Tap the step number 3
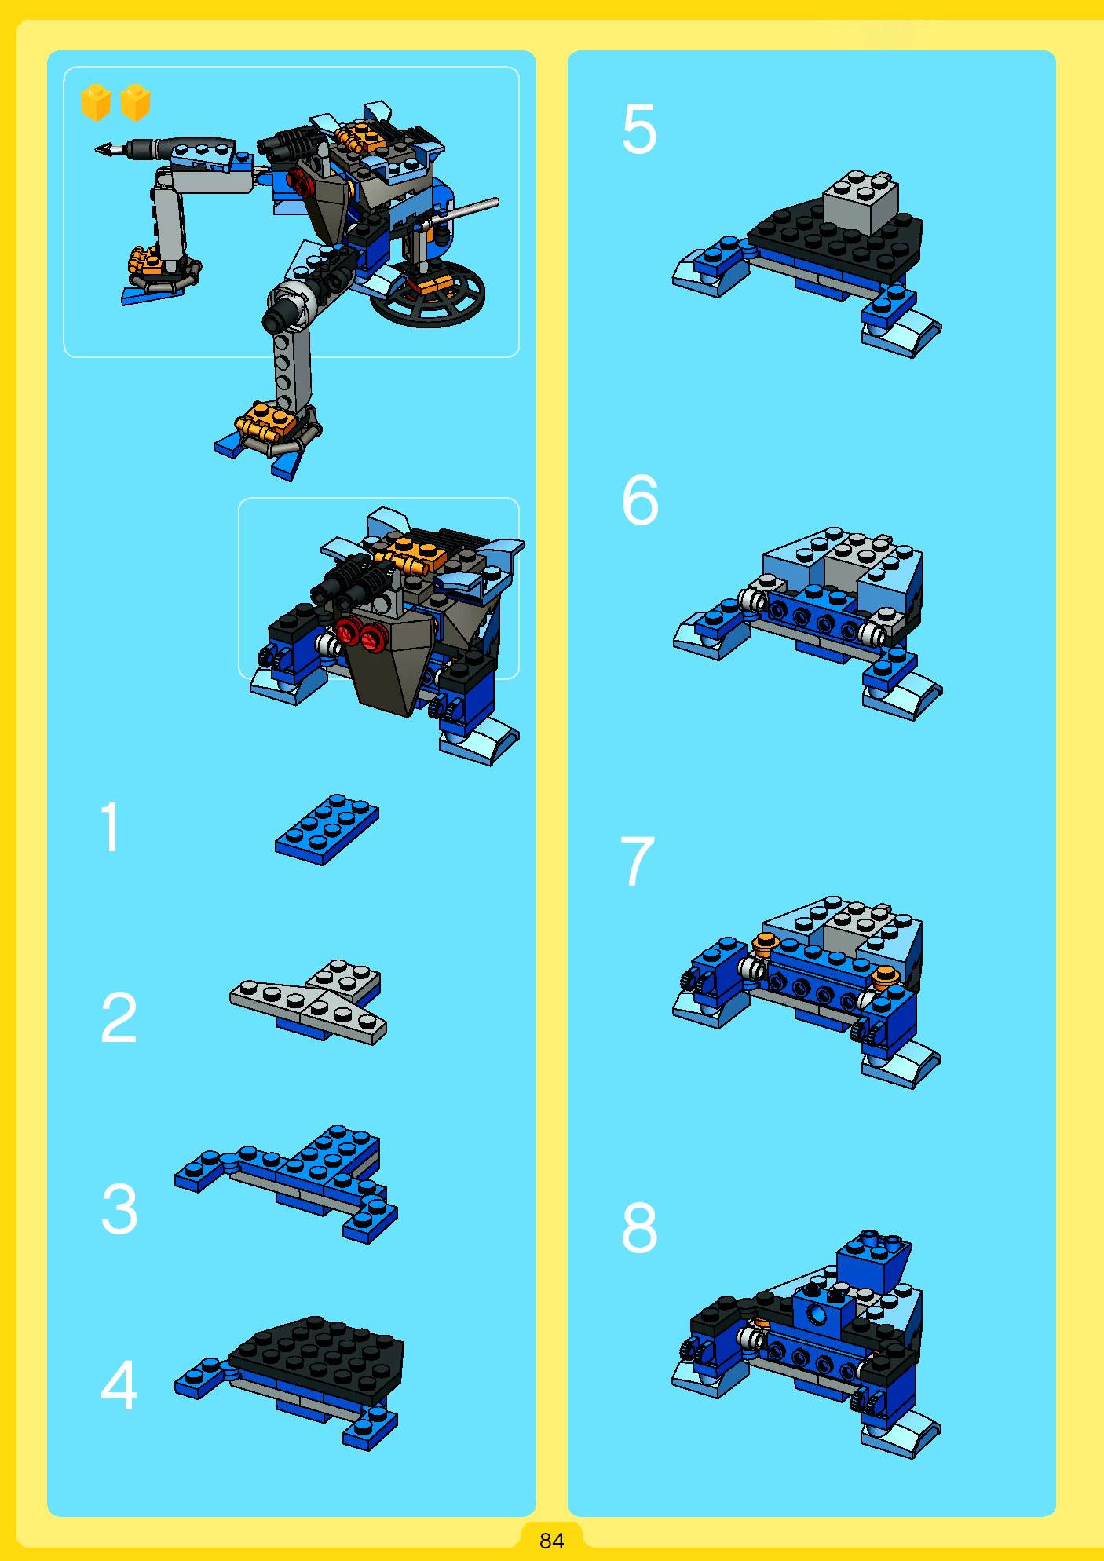point(119,1208)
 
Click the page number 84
point(551,1541)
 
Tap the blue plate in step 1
point(327,830)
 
